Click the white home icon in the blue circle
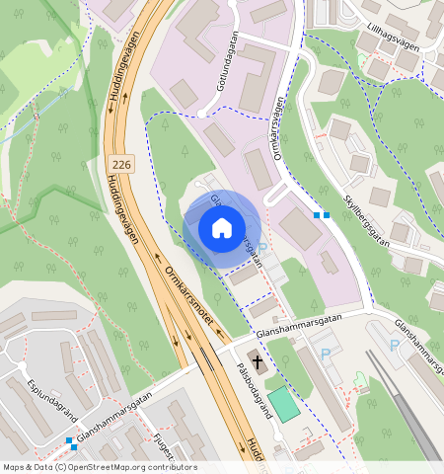(x=222, y=228)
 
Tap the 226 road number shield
(x=121, y=163)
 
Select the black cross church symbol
(x=255, y=358)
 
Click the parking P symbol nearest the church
(x=326, y=354)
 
